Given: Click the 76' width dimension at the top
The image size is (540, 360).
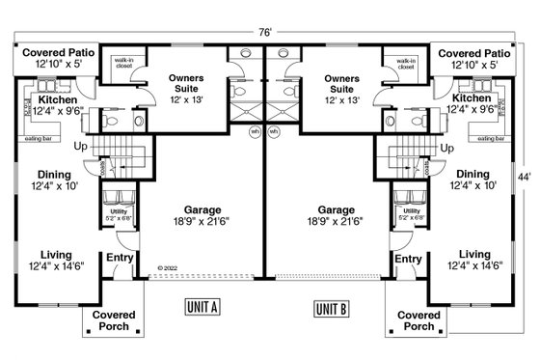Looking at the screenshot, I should pos(265,31).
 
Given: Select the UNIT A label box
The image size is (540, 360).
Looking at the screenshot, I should pos(202,308).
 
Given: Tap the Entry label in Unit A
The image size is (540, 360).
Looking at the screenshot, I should pos(120,259).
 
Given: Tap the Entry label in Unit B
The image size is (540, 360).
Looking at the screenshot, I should pos(409,259).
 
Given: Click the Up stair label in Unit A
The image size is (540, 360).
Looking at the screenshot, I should pos(80,146).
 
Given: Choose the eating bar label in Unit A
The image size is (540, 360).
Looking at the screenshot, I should pos(38,139).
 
